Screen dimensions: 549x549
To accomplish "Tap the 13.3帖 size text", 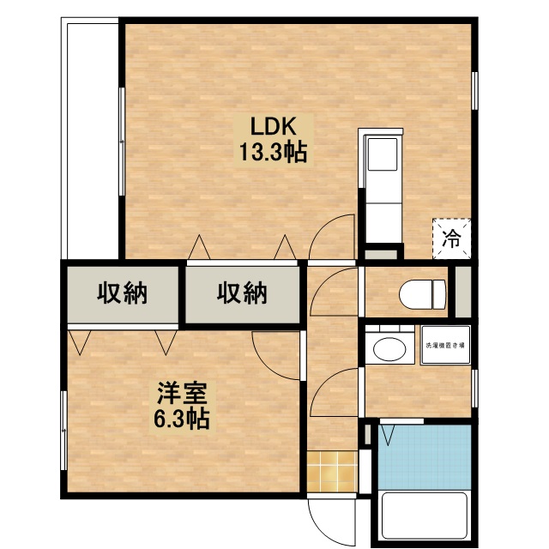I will point(273,154).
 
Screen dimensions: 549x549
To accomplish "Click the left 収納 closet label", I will point(121,293).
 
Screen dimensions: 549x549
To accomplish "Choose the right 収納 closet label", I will point(242,293).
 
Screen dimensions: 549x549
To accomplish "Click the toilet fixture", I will point(421,293).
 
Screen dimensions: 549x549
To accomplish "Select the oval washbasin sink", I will point(389,350).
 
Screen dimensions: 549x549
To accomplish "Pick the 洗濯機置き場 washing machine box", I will point(444,347).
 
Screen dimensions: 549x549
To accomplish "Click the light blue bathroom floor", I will point(425,455).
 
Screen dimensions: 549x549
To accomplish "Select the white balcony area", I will point(89,137).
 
